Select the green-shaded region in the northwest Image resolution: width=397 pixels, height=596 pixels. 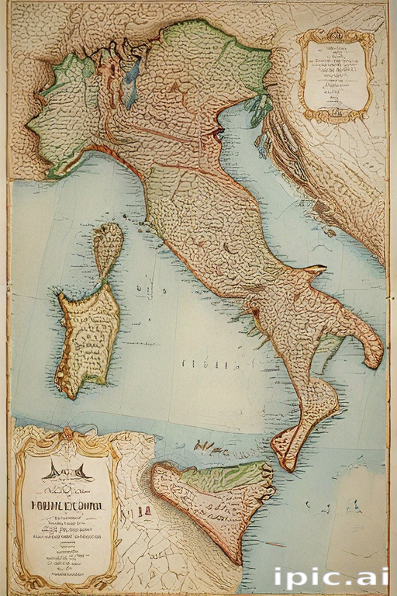pyautogui.click(x=66, y=116)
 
